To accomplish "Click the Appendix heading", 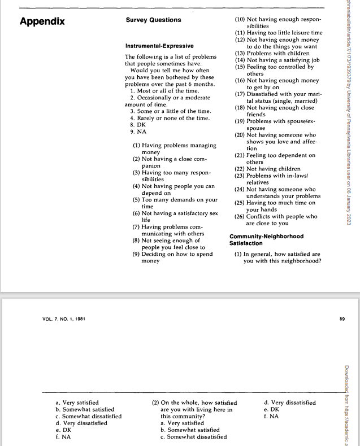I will (42, 22).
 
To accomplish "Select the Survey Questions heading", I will (153, 20).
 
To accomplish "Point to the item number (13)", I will (239, 53).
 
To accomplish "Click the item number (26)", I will (239, 216).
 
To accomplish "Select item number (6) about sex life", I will (136, 213).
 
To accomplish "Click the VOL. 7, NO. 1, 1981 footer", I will (64, 319).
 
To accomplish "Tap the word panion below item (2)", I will (152, 166).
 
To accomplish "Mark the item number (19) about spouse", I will (239, 121).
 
